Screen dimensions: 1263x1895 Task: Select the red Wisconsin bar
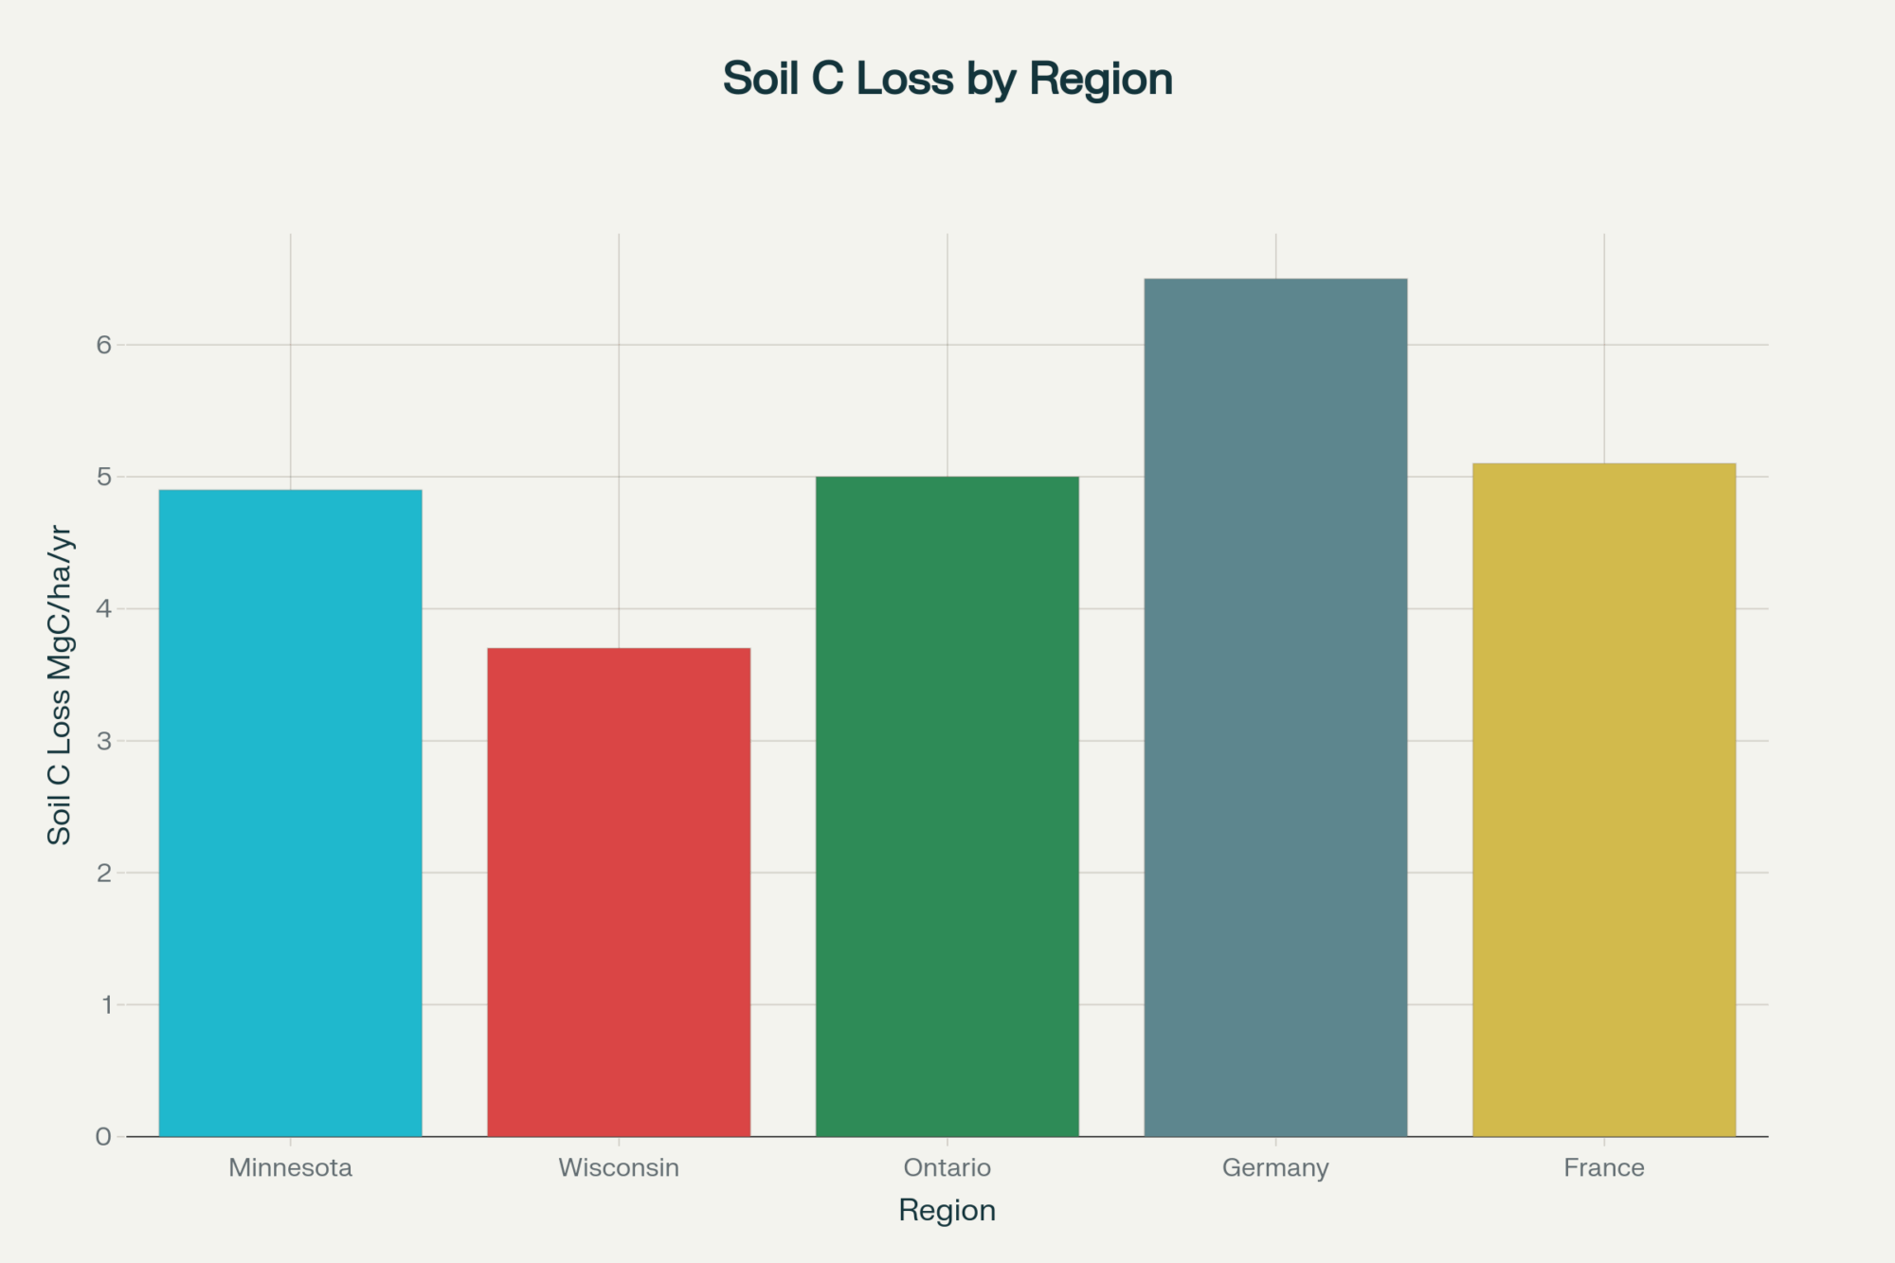[x=619, y=892]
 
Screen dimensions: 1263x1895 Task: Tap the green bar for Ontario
[x=947, y=806]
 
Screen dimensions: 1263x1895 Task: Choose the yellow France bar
[x=1603, y=800]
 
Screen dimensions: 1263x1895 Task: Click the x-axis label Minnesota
[x=290, y=1167]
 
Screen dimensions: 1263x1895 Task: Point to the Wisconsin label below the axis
[x=619, y=1167]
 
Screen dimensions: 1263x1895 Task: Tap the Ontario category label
[x=947, y=1167]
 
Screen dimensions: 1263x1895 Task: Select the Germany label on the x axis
[x=1275, y=1167]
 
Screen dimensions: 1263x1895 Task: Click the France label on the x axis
[x=1603, y=1167]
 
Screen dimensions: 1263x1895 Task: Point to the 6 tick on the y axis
[x=103, y=345]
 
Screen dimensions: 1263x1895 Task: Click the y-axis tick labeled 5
[x=103, y=477]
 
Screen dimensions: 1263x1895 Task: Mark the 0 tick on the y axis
[x=103, y=1137]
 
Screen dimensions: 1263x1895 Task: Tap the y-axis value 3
[x=103, y=741]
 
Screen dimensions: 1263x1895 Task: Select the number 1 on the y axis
[x=105, y=1004]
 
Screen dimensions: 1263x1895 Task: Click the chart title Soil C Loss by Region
[x=947, y=79]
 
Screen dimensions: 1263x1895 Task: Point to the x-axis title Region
[x=947, y=1211]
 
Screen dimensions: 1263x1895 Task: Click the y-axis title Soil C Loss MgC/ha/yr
[x=60, y=684]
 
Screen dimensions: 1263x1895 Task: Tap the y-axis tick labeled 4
[x=103, y=608]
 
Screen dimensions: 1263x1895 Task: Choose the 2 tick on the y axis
[x=103, y=873]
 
